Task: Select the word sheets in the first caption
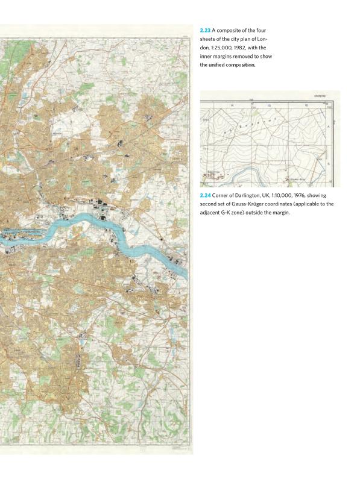click(x=209, y=39)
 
